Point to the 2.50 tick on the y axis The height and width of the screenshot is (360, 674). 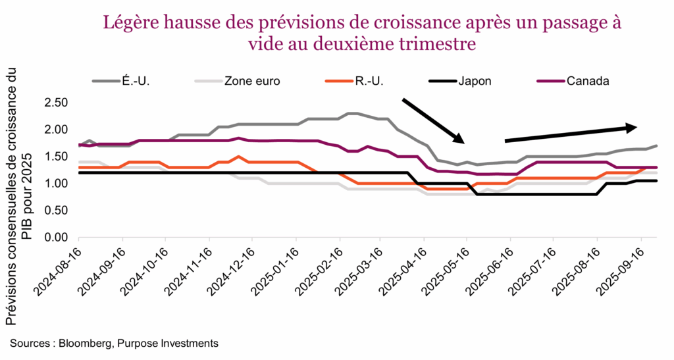point(57,103)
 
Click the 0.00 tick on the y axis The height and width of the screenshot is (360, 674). point(57,237)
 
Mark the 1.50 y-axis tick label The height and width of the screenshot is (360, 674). point(57,157)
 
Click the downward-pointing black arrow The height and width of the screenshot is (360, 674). point(433,120)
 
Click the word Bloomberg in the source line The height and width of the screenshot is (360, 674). point(84,343)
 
